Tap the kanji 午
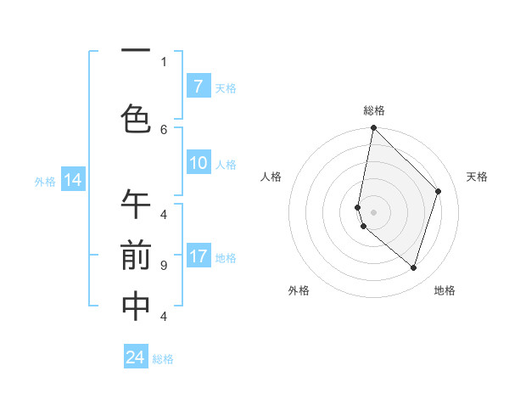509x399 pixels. [136, 205]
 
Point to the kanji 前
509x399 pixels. [136, 256]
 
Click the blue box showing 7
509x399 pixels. [198, 86]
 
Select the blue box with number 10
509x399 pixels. [198, 163]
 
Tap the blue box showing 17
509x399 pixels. [198, 256]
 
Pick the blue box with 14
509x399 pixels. [73, 179]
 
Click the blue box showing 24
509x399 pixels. [136, 357]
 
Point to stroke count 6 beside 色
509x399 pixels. [164, 129]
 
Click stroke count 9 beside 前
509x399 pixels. [164, 266]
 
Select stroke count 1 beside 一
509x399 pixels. [164, 61]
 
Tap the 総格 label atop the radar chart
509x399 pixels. [373, 110]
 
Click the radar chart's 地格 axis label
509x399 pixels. [445, 290]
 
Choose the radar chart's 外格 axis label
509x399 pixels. [299, 290]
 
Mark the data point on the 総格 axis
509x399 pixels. [373, 128]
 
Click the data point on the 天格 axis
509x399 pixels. [439, 191]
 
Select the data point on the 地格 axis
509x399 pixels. [413, 267]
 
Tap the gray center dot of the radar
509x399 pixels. [373, 212]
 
